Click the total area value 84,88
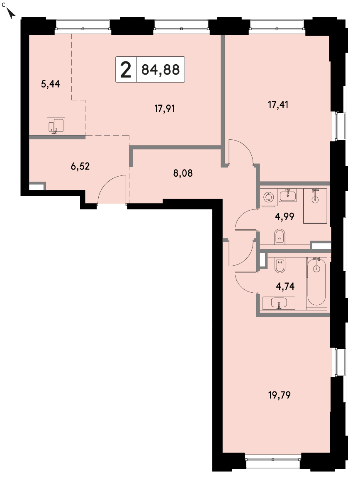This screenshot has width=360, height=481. point(161,70)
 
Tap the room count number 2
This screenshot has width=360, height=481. point(126,70)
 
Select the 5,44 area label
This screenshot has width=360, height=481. point(50,84)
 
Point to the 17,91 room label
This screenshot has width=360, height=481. point(165,108)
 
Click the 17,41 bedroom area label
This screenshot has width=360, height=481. point(278,105)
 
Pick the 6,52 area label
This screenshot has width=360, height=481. point(80,166)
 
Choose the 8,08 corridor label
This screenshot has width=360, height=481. point(183,173)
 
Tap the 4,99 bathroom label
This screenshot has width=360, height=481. point(285,216)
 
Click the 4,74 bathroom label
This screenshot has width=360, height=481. point(285,286)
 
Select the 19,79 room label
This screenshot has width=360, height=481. point(279,395)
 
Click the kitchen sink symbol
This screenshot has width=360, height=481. point(56,126)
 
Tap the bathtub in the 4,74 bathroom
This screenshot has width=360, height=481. point(316,282)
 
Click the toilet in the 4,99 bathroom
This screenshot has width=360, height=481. point(279,236)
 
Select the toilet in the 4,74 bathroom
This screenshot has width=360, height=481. point(280,266)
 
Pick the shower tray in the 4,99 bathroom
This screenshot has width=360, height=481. point(315,206)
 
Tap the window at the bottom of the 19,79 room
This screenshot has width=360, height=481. point(273,461)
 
